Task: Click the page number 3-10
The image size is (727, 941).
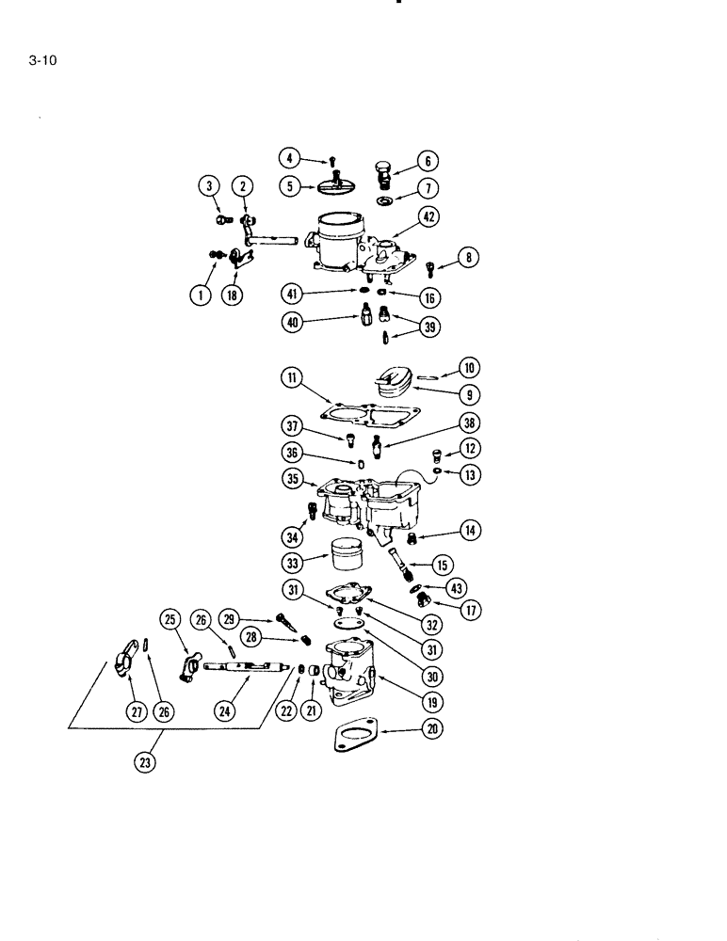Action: (x=40, y=64)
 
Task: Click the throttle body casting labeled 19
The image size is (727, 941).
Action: (x=350, y=670)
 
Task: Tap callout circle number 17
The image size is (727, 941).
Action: (x=469, y=609)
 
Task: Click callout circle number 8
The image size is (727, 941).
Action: (x=468, y=256)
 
